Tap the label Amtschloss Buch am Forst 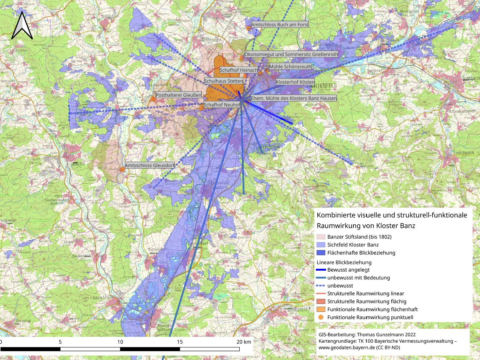280,25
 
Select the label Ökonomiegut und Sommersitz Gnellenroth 291,54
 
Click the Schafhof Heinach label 238,70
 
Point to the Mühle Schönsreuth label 290,67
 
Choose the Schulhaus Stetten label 223,81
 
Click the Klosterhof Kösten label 295,82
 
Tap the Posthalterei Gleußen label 179,95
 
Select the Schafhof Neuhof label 222,105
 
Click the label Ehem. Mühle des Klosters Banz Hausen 293,98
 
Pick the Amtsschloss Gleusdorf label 150,165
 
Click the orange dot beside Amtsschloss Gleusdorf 122,169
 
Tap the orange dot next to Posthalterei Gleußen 153,99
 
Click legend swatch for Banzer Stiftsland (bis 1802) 321,237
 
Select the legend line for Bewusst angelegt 321,270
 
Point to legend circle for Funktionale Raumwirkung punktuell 321,317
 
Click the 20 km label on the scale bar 244,342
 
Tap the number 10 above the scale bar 120,342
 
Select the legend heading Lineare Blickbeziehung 344,262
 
